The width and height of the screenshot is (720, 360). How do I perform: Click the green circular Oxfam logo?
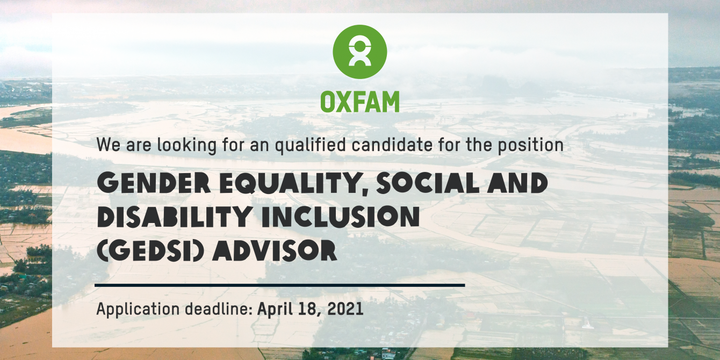pos(359,52)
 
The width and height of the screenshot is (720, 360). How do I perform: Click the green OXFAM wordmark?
pos(359,102)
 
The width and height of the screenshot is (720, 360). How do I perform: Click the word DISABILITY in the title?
pos(174,217)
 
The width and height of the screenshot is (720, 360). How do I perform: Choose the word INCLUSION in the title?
pos(341,217)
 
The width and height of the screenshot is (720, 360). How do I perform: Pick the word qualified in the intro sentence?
pos(310,145)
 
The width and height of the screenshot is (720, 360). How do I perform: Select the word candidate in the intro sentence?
pos(392,145)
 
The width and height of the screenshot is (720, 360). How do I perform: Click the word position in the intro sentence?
pos(531,145)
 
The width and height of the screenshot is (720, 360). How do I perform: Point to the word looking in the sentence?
pos(187,145)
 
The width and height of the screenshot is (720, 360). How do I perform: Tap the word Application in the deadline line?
pos(138,309)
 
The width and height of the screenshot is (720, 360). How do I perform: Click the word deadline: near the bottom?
pos(219,308)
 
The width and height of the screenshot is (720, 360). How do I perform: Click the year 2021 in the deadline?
pos(345,309)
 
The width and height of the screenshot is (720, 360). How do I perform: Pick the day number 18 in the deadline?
pos(309,309)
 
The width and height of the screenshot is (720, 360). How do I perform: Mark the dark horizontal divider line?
pos(279,285)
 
